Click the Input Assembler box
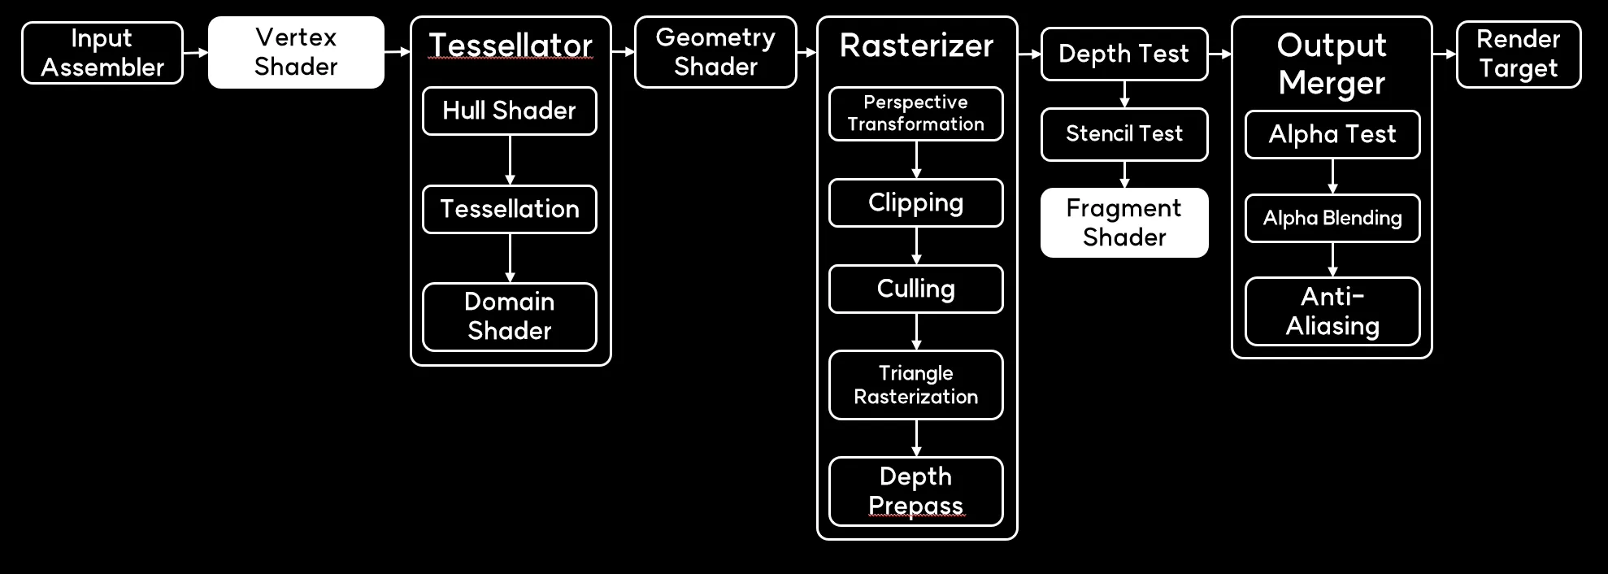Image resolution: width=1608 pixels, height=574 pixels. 102,53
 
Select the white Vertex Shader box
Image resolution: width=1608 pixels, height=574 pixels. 296,52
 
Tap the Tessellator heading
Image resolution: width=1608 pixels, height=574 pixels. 511,46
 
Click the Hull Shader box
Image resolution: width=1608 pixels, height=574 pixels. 510,111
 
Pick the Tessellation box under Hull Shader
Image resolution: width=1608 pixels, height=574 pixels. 510,209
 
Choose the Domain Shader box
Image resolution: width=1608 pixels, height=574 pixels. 510,316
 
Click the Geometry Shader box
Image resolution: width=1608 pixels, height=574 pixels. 715,52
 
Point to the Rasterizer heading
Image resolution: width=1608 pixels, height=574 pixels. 916,46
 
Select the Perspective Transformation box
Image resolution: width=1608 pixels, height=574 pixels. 916,114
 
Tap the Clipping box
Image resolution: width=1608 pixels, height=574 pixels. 916,202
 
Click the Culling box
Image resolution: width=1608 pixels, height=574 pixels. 916,289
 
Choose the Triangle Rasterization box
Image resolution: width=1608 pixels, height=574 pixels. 916,385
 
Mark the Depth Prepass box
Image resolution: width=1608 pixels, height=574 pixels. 916,491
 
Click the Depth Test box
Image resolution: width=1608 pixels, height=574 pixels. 1124,54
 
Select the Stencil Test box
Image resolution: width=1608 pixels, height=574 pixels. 1124,133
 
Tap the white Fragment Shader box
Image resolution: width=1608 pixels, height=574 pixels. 1124,223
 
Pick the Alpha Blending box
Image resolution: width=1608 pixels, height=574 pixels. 1332,218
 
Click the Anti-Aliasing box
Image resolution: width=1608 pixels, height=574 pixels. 1332,311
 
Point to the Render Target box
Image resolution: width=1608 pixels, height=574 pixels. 1519,54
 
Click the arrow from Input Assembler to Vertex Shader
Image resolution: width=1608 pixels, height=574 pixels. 196,53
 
